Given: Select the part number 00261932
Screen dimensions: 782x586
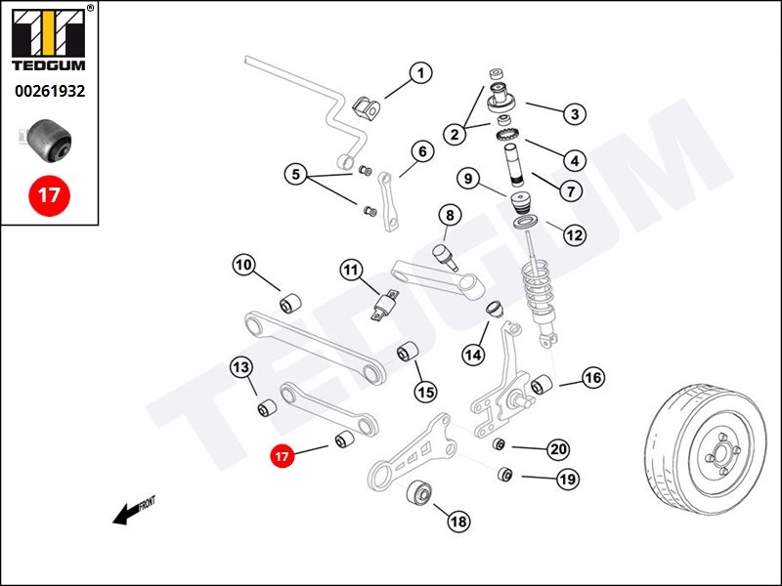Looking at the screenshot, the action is [x=50, y=91].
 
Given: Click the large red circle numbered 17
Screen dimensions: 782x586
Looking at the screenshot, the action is [x=50, y=194].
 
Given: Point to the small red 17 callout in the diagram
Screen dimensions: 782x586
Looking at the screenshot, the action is [x=282, y=456].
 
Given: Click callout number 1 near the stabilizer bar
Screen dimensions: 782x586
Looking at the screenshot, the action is [x=421, y=73].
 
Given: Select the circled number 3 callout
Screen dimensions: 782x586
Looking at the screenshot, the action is [x=575, y=114].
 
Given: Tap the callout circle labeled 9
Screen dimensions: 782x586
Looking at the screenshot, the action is [x=468, y=178].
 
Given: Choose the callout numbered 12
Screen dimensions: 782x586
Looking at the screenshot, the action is [x=574, y=234].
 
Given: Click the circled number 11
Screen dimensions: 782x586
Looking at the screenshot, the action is [x=352, y=271].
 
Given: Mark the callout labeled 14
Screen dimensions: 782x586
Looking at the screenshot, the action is [x=473, y=355].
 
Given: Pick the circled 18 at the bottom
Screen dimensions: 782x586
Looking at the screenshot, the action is [x=458, y=522].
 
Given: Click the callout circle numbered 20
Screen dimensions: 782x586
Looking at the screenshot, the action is [x=557, y=449].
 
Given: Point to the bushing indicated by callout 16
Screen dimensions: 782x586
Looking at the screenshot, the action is [x=542, y=383].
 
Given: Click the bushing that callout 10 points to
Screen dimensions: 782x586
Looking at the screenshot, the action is [x=290, y=304].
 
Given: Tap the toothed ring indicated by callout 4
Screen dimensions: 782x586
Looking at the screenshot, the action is [x=508, y=134].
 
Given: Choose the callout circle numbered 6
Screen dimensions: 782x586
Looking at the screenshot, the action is [x=422, y=151].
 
